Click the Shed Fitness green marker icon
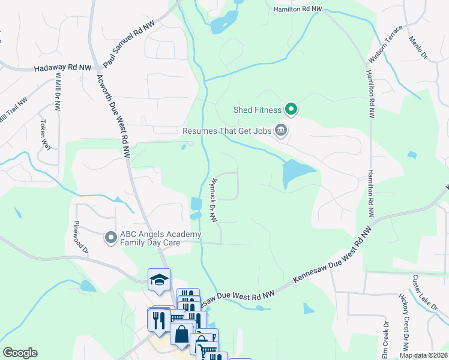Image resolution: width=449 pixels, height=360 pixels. (x=291, y=109)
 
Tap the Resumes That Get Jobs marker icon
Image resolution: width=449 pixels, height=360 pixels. (x=280, y=130)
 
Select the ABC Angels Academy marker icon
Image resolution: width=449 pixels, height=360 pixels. (x=110, y=238)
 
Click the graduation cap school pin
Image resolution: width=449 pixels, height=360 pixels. (x=160, y=280)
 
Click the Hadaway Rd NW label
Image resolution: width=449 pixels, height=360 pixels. (x=63, y=69)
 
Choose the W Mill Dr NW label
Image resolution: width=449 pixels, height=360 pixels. (x=58, y=91)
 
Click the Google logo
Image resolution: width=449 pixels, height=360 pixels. (x=20, y=353)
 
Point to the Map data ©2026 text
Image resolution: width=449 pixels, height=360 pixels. (x=423, y=355)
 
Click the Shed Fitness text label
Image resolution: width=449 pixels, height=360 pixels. (x=258, y=109)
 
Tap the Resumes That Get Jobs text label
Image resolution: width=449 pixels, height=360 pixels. (x=226, y=130)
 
